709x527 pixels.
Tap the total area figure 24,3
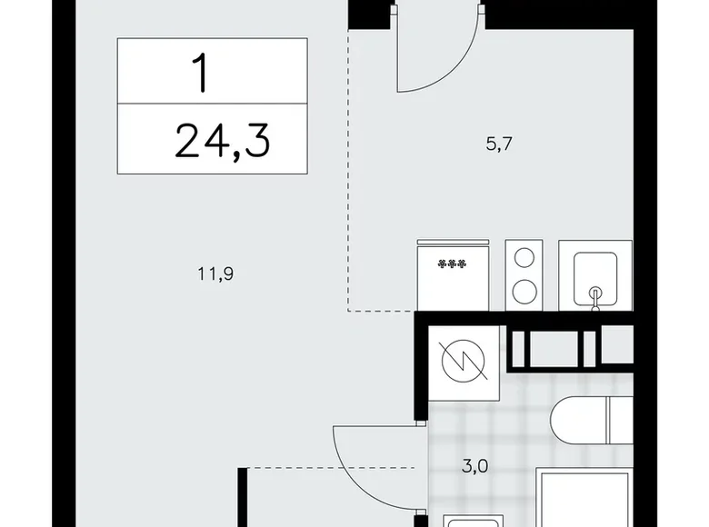223,141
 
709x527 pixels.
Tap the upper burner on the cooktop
524,258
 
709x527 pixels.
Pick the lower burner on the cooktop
524,291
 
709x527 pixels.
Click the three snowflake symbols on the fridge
452,264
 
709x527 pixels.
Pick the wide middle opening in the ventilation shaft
554,347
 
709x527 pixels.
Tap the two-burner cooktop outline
524,275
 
